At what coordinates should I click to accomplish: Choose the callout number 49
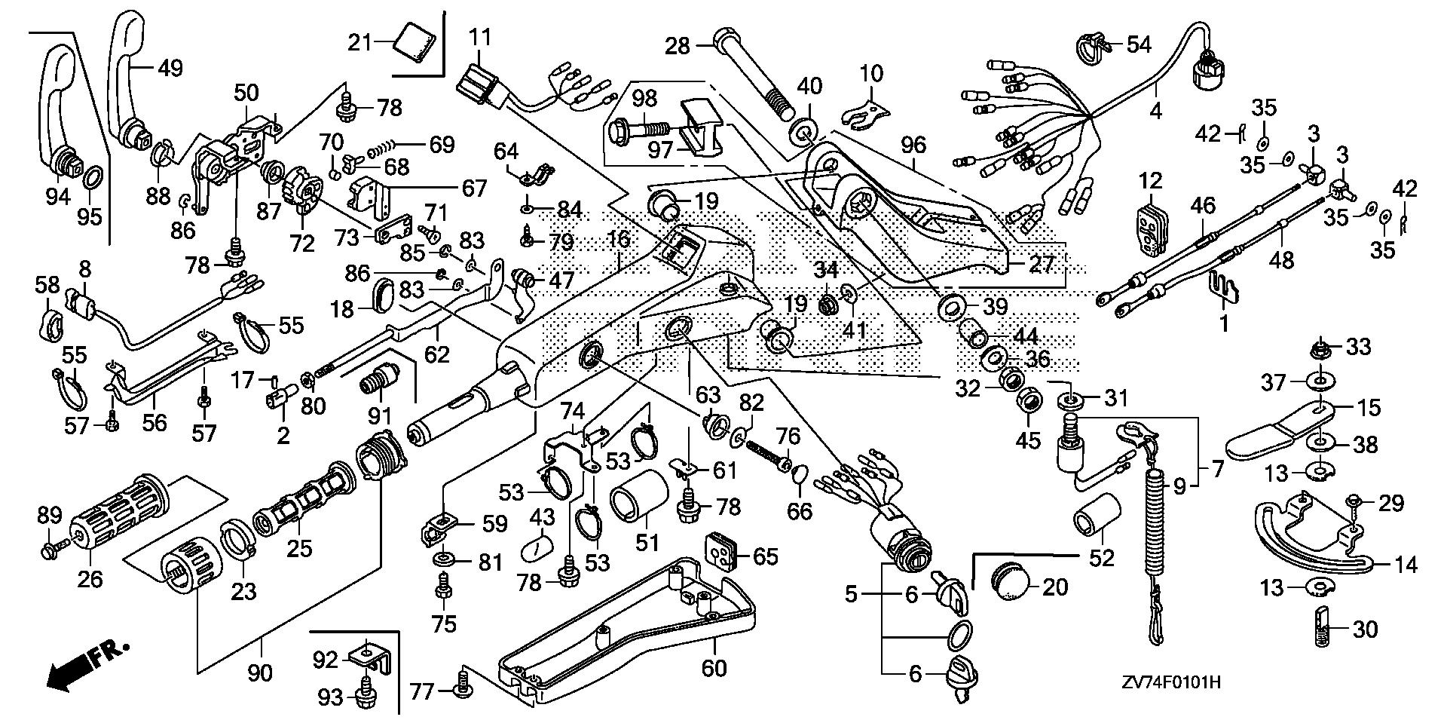pos(170,69)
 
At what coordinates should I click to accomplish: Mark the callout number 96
pos(914,144)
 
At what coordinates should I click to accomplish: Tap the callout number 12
pos(1151,181)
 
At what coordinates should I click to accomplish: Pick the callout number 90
pos(260,672)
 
